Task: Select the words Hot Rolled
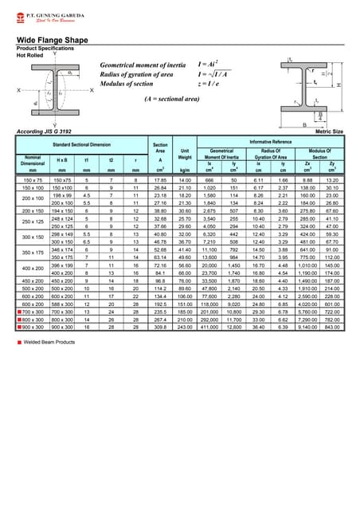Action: coord(30,55)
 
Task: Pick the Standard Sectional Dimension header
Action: coord(83,143)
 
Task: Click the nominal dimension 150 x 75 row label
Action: coord(33,181)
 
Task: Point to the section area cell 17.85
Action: coord(160,181)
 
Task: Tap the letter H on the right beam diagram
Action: coord(338,84)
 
